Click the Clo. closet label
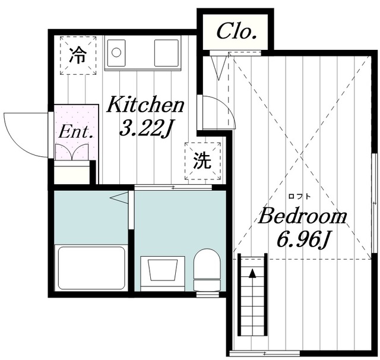pyautogui.click(x=236, y=31)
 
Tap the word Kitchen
pyautogui.click(x=145, y=105)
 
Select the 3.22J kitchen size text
pyautogui.click(x=145, y=129)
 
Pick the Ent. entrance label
pyautogui.click(x=76, y=132)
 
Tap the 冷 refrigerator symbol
pyautogui.click(x=78, y=55)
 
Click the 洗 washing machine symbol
pyautogui.click(x=202, y=161)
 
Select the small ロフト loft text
pyautogui.click(x=299, y=197)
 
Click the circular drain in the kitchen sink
pyautogui.click(x=116, y=52)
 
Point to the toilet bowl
pyautogui.click(x=207, y=269)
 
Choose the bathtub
pyautogui.click(x=91, y=268)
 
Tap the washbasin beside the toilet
pyautogui.click(x=163, y=271)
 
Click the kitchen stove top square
pyautogui.click(x=166, y=53)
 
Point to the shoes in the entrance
pyautogui.click(x=71, y=152)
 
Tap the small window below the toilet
pyautogui.click(x=207, y=295)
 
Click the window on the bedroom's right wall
pyautogui.click(x=374, y=203)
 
